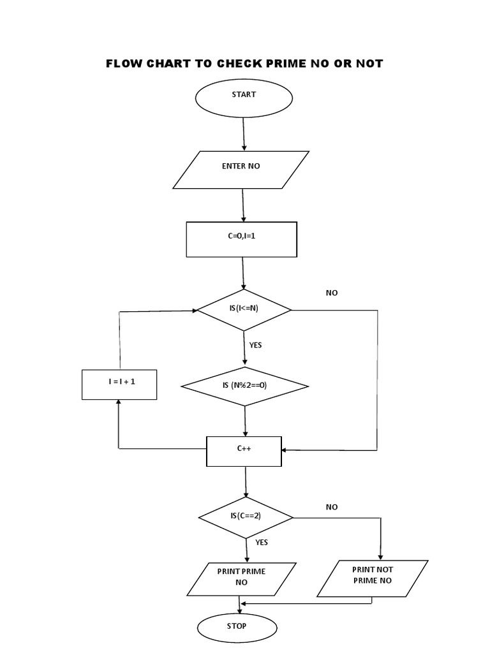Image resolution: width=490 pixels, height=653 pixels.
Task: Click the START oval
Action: pyautogui.click(x=244, y=99)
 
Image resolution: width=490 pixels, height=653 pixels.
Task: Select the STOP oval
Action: pyautogui.click(x=237, y=628)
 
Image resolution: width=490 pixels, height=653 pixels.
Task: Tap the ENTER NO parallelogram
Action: pyautogui.click(x=241, y=170)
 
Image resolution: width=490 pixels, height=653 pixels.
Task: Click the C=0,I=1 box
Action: pyautogui.click(x=241, y=240)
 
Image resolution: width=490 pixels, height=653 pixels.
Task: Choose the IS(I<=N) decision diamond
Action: pyautogui.click(x=244, y=310)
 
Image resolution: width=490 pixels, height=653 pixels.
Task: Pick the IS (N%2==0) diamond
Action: pyautogui.click(x=245, y=386)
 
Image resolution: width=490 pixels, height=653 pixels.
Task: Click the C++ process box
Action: pyautogui.click(x=244, y=451)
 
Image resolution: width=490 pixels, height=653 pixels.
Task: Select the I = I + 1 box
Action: pyautogui.click(x=119, y=385)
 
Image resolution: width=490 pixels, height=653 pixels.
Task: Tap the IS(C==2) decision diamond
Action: pyautogui.click(x=246, y=517)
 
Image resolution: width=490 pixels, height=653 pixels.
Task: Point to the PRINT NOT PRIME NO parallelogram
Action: pyautogui.click(x=372, y=578)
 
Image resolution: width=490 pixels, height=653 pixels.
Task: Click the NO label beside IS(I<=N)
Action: pyautogui.click(x=332, y=293)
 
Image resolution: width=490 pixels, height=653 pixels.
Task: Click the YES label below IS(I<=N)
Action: pyautogui.click(x=256, y=345)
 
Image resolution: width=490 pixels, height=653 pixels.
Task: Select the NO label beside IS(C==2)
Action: pyautogui.click(x=332, y=507)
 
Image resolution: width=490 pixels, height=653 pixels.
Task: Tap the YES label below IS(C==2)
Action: pyautogui.click(x=262, y=543)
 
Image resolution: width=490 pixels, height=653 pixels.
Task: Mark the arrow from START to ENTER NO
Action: pyautogui.click(x=244, y=134)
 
